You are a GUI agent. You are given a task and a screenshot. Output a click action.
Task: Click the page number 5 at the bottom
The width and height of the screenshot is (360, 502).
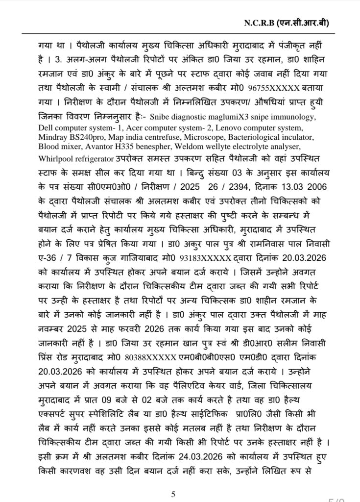(x=173, y=494)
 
